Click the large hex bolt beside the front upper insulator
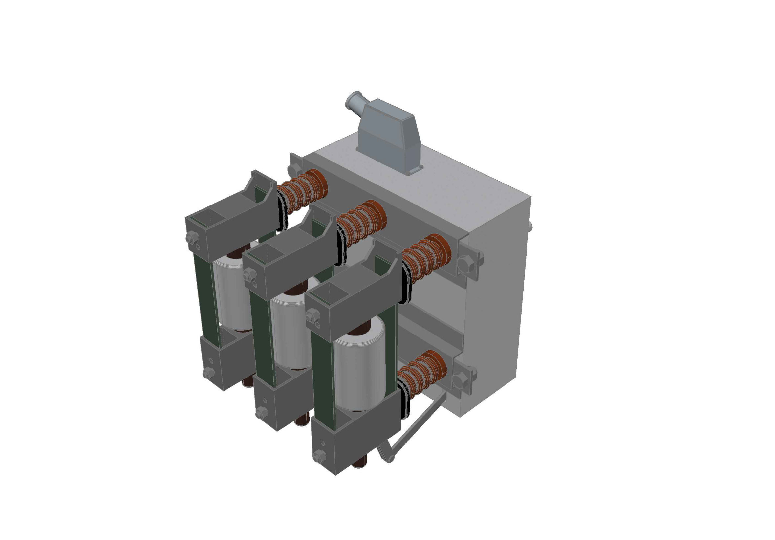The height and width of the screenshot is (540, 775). pyautogui.click(x=466, y=263)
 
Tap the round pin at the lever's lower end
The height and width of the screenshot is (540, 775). pyautogui.click(x=391, y=459)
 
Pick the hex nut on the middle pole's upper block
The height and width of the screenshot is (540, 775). pyautogui.click(x=249, y=274)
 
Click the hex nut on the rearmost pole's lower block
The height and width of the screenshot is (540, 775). pyautogui.click(x=208, y=373)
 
